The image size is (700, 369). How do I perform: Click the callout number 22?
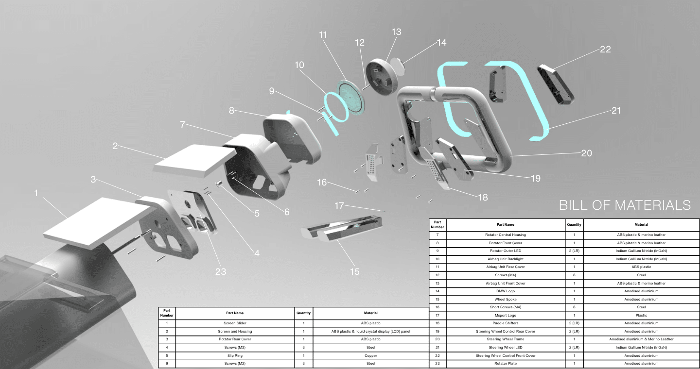click(x=605, y=49)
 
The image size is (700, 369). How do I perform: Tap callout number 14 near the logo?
click(x=441, y=43)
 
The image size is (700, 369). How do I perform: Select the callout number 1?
click(x=35, y=193)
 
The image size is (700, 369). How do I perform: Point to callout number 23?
click(x=221, y=271)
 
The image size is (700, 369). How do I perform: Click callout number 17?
click(x=342, y=205)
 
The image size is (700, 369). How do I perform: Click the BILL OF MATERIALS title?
click(x=625, y=205)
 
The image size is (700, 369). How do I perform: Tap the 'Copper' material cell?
click(x=370, y=355)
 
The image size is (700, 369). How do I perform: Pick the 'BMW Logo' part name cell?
click(x=506, y=291)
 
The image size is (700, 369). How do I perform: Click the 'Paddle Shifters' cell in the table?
click(x=506, y=323)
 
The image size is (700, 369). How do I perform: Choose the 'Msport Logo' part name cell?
click(x=506, y=316)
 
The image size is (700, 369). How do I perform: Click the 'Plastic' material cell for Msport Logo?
click(x=641, y=316)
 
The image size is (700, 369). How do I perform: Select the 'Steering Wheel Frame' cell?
click(x=506, y=339)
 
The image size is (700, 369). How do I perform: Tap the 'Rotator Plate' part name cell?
click(x=506, y=363)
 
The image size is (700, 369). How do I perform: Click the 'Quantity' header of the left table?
click(x=303, y=313)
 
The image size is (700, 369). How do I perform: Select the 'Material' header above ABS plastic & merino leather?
click(x=641, y=225)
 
